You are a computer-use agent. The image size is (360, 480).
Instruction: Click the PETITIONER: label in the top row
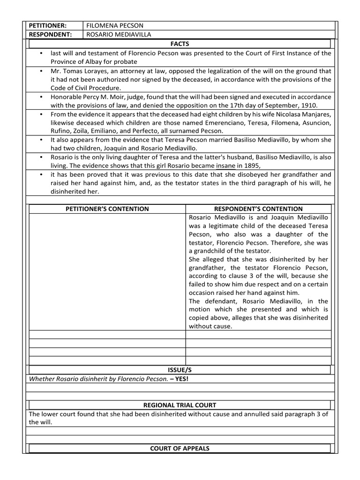pos(48,25)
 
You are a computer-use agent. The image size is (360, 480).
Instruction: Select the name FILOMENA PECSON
pos(115,25)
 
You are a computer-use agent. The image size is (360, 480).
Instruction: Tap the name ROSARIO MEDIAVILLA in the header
pos(119,34)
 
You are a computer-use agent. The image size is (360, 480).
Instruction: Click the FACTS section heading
pos(180,44)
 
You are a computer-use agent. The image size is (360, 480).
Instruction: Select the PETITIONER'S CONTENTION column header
pos(107,209)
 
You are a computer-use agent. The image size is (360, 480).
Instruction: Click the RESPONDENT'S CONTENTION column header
pos(258,209)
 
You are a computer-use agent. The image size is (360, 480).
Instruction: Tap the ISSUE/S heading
pos(180,370)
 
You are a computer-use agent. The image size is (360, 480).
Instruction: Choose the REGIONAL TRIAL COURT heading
pos(180,405)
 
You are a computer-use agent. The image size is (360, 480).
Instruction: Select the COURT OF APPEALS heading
pos(180,448)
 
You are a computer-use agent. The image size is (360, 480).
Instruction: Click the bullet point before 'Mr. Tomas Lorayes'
pos(42,71)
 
